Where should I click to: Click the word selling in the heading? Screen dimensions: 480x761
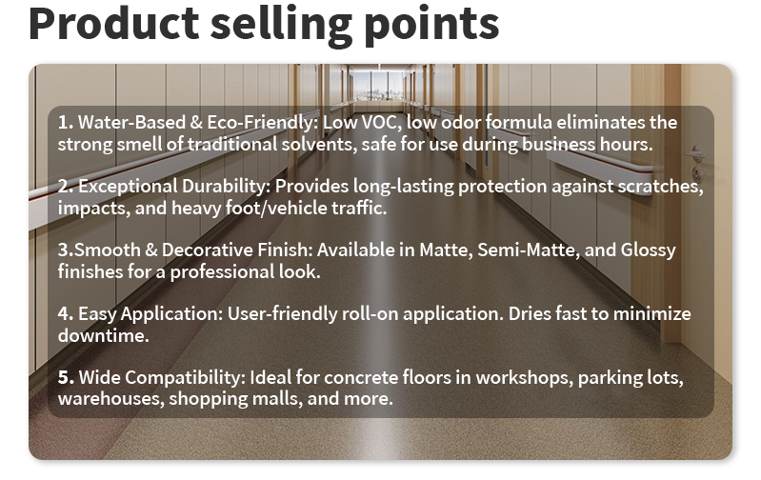coord(286,25)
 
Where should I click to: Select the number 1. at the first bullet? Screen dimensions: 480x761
coord(65,123)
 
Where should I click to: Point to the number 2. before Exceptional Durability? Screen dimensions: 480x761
coord(65,187)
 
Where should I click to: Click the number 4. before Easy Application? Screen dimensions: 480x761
coord(65,313)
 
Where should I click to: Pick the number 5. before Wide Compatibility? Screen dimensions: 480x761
coord(65,377)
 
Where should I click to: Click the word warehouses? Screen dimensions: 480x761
coord(110,399)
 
